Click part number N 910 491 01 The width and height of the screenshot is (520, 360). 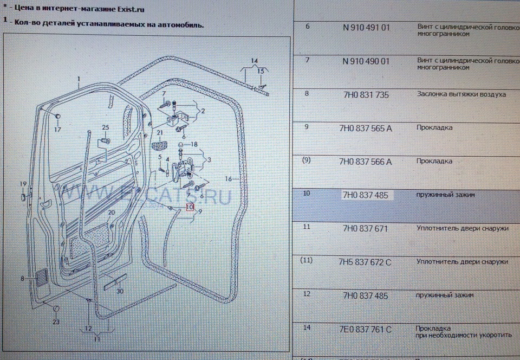(x=366, y=27)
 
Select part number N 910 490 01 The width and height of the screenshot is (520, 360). (x=366, y=61)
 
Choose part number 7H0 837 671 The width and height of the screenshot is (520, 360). (x=366, y=229)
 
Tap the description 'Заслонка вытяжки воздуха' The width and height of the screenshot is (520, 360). (x=461, y=94)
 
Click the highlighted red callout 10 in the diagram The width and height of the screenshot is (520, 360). (x=189, y=207)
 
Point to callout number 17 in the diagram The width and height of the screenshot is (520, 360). (x=58, y=130)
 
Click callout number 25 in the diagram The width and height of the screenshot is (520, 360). (x=106, y=127)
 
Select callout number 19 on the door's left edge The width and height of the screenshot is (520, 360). (x=23, y=184)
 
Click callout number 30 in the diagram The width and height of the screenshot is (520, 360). (x=120, y=291)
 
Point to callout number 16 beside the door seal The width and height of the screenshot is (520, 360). (x=229, y=178)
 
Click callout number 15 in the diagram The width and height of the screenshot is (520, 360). (x=261, y=71)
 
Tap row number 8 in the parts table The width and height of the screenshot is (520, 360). (x=307, y=93)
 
